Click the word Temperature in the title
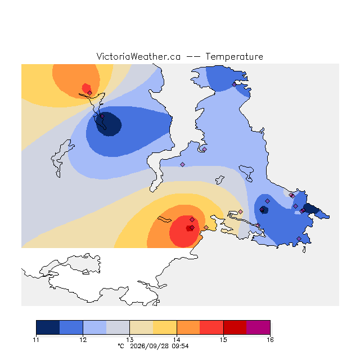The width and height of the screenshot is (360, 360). [234, 56]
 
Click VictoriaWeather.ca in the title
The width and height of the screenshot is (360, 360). [138, 56]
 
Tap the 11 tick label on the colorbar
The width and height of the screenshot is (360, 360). [36, 340]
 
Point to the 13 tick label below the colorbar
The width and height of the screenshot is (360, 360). [130, 340]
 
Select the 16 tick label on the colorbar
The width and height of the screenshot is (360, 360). [270, 340]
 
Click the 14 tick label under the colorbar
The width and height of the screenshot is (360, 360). [177, 340]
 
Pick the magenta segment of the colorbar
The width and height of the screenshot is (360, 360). [258, 327]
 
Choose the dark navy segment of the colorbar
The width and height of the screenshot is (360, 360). [48, 327]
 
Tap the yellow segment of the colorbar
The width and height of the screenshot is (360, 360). [165, 327]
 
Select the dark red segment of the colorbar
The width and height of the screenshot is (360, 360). [235, 327]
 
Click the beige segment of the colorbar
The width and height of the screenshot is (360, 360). [141, 327]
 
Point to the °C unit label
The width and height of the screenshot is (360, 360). [121, 346]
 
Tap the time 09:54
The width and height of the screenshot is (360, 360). [180, 346]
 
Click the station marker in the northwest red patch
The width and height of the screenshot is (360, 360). [90, 93]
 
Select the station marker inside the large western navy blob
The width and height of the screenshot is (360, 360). [102, 116]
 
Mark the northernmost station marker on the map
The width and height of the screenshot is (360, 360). [234, 84]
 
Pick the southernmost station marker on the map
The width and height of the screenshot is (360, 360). [299, 238]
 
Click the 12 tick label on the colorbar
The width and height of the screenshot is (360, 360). [83, 340]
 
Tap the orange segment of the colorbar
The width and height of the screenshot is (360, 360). [188, 327]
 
